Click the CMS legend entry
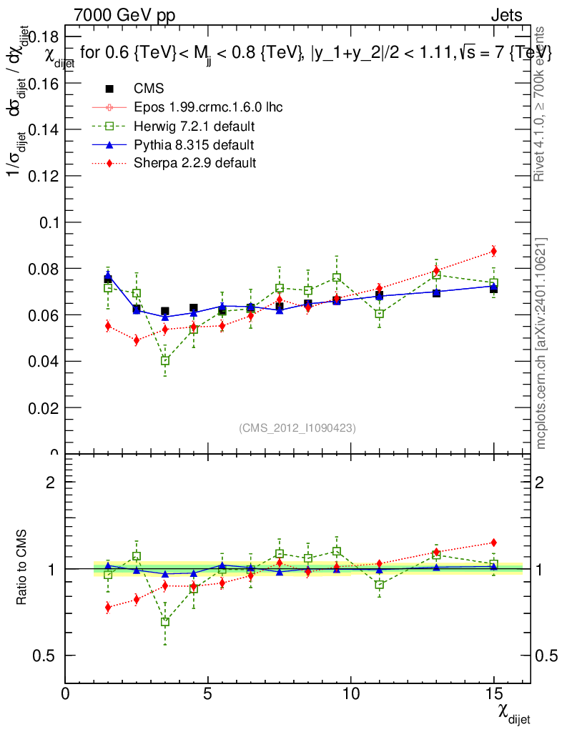(149, 89)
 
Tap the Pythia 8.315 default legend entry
(194, 145)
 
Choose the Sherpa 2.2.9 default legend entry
(194, 163)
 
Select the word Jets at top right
(506, 15)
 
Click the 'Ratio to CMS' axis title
(22, 568)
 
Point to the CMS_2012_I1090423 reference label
(297, 427)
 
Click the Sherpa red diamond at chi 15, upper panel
(493, 251)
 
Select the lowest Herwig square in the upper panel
(165, 361)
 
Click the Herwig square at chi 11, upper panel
(380, 313)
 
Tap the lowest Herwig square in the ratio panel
(165, 622)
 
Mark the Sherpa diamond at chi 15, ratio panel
(493, 543)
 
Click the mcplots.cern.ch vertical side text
(541, 343)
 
